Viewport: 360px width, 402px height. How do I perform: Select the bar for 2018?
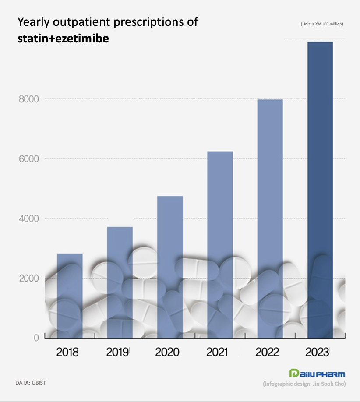coord(70,296)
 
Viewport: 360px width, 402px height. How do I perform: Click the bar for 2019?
coord(120,282)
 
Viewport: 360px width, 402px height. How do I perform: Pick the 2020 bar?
coord(170,267)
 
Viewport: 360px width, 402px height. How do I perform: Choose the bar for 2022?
coord(270,219)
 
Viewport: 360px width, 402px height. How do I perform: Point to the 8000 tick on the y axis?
coord(28,99)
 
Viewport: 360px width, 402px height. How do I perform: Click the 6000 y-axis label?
coord(28,159)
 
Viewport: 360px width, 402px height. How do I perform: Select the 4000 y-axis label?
coord(28,219)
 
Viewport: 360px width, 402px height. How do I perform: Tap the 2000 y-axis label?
coord(28,279)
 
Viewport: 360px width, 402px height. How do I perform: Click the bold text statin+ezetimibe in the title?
coord(64,39)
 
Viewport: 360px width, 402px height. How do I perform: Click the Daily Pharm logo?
coord(317,374)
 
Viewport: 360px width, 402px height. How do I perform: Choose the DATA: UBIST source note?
coord(31,383)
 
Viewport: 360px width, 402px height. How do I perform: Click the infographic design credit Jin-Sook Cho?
coord(304,384)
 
